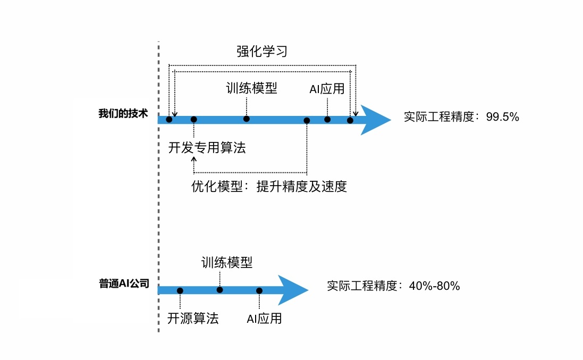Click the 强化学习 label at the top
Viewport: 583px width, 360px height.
[261, 52]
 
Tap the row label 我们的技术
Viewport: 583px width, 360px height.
[123, 114]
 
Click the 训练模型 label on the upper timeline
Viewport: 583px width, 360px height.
[251, 88]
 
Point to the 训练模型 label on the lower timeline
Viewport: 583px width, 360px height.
[227, 262]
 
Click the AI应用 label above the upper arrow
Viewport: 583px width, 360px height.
[327, 89]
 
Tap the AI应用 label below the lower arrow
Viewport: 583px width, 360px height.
[264, 319]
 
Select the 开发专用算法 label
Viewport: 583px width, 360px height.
[207, 148]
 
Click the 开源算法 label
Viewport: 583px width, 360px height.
[193, 319]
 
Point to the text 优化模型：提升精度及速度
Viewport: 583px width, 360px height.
[269, 187]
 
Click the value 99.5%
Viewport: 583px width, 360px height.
[502, 117]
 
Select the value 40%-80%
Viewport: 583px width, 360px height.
[434, 286]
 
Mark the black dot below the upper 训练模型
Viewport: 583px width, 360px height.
[247, 119]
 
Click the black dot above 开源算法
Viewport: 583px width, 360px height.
[180, 290]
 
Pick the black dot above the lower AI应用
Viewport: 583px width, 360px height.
[259, 290]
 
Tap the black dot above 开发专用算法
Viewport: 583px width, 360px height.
[194, 120]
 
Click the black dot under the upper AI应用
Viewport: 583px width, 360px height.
[327, 119]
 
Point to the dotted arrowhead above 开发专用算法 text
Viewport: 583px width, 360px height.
[194, 159]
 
